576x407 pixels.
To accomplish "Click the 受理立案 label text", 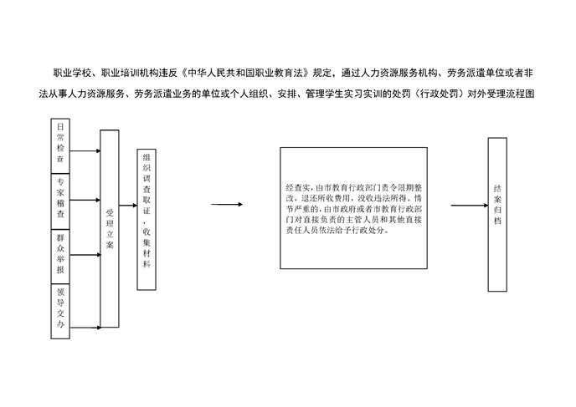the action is (x=110, y=229).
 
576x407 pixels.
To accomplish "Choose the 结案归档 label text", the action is (x=497, y=205).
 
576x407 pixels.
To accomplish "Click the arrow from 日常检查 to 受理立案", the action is (x=85, y=150).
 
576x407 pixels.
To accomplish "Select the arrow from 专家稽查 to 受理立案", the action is (x=85, y=201).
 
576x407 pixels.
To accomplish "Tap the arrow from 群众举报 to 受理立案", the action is (x=85, y=255).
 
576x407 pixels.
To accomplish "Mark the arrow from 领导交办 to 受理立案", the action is (x=85, y=328).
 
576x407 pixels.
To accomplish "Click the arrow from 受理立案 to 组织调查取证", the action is (x=128, y=206).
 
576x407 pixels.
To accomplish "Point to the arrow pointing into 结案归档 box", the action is (x=470, y=206).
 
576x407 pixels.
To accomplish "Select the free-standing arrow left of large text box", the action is (x=227, y=204).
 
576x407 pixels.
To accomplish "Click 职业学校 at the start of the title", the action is (x=72, y=73).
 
